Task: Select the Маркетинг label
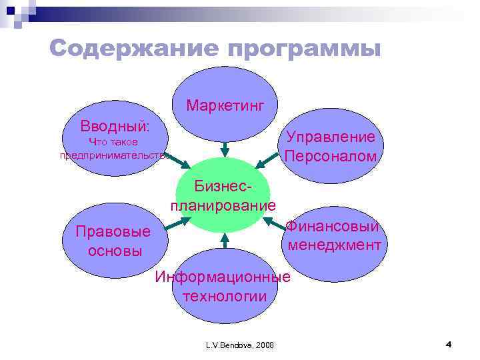(x=225, y=105)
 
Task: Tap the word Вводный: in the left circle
(x=115, y=126)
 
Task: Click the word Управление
(x=331, y=137)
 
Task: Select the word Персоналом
(x=331, y=157)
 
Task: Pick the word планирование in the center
(x=223, y=204)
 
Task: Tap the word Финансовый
(x=333, y=227)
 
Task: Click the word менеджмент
(x=334, y=245)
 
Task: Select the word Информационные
(x=223, y=277)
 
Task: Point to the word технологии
(x=223, y=296)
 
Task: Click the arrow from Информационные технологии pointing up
(x=225, y=241)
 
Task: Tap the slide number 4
(x=448, y=344)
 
